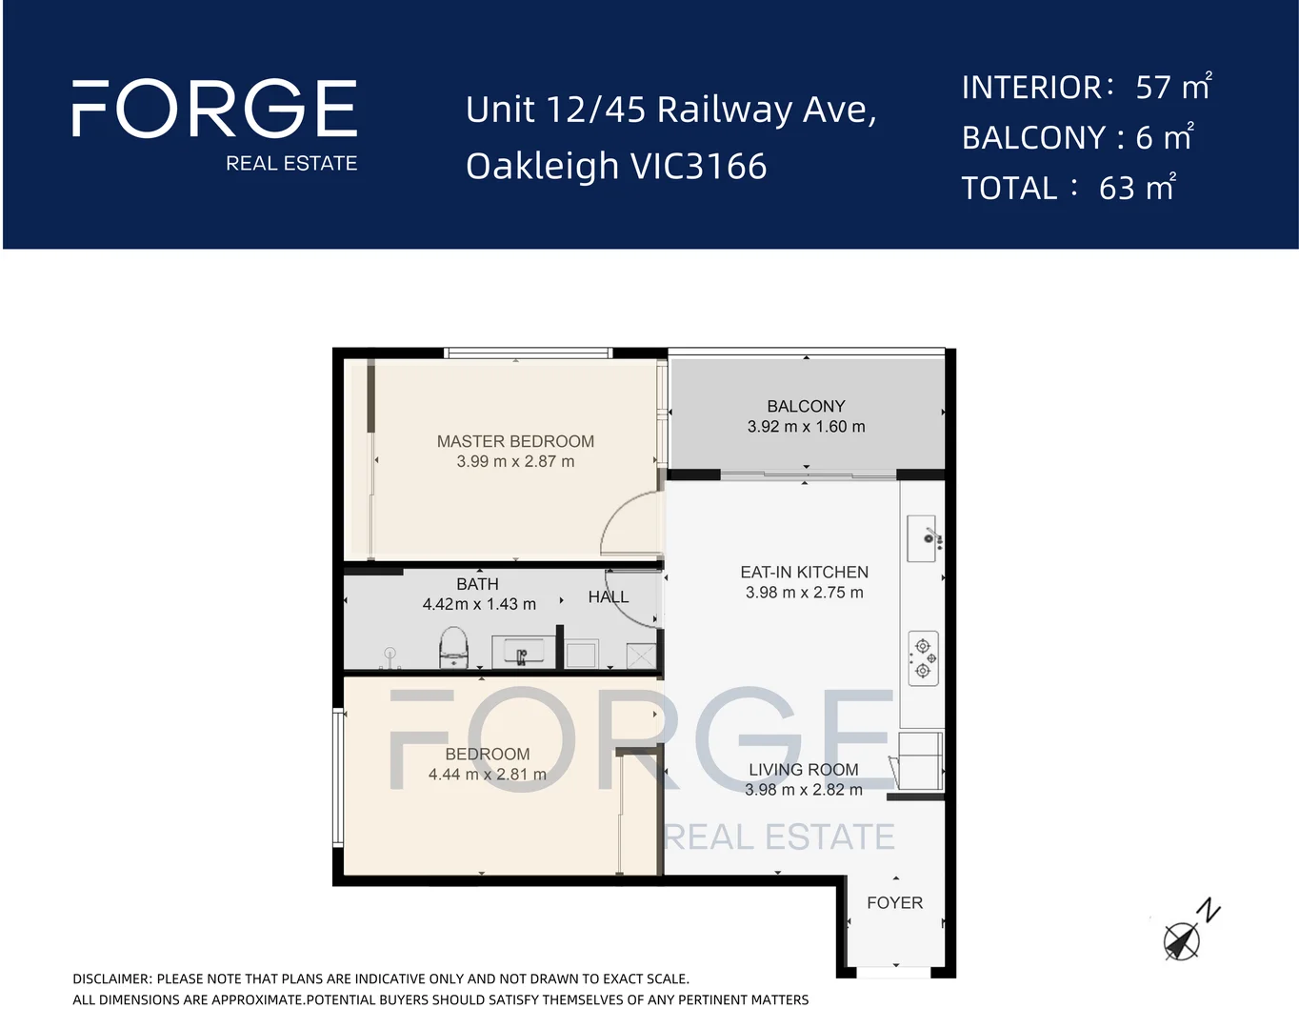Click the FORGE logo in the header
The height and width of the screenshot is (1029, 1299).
(x=214, y=109)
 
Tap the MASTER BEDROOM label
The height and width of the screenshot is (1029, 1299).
(x=515, y=441)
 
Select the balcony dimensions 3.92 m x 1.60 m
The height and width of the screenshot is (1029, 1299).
(x=806, y=427)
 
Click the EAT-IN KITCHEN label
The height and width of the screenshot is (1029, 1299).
(x=804, y=572)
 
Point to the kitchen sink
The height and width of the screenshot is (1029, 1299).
(x=923, y=538)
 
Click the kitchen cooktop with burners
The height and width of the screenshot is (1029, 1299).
(x=923, y=658)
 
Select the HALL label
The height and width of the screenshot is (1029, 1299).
(x=609, y=597)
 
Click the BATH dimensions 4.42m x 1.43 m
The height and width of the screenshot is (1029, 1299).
(x=479, y=604)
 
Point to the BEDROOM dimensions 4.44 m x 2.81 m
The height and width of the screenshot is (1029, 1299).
(x=487, y=775)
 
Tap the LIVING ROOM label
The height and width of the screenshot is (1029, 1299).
(x=803, y=769)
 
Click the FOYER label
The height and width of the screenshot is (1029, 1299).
(x=894, y=902)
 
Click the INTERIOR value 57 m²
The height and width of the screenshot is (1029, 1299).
(x=1172, y=88)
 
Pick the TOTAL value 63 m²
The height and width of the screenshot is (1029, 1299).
(x=1136, y=189)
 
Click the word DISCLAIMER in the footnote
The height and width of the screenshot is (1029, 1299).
(x=111, y=979)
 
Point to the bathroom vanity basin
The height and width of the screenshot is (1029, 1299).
(x=521, y=654)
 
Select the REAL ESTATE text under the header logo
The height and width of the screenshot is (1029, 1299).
(x=291, y=164)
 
